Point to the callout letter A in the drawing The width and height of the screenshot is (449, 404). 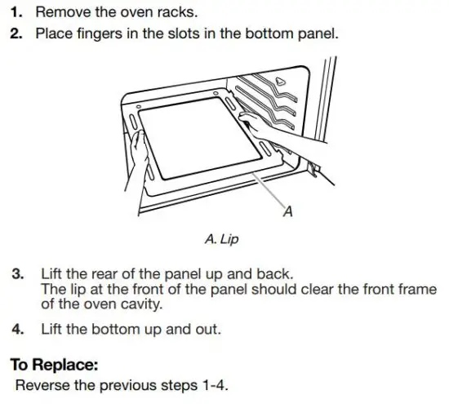tap(287, 215)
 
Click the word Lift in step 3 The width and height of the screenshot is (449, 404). tap(50, 272)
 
